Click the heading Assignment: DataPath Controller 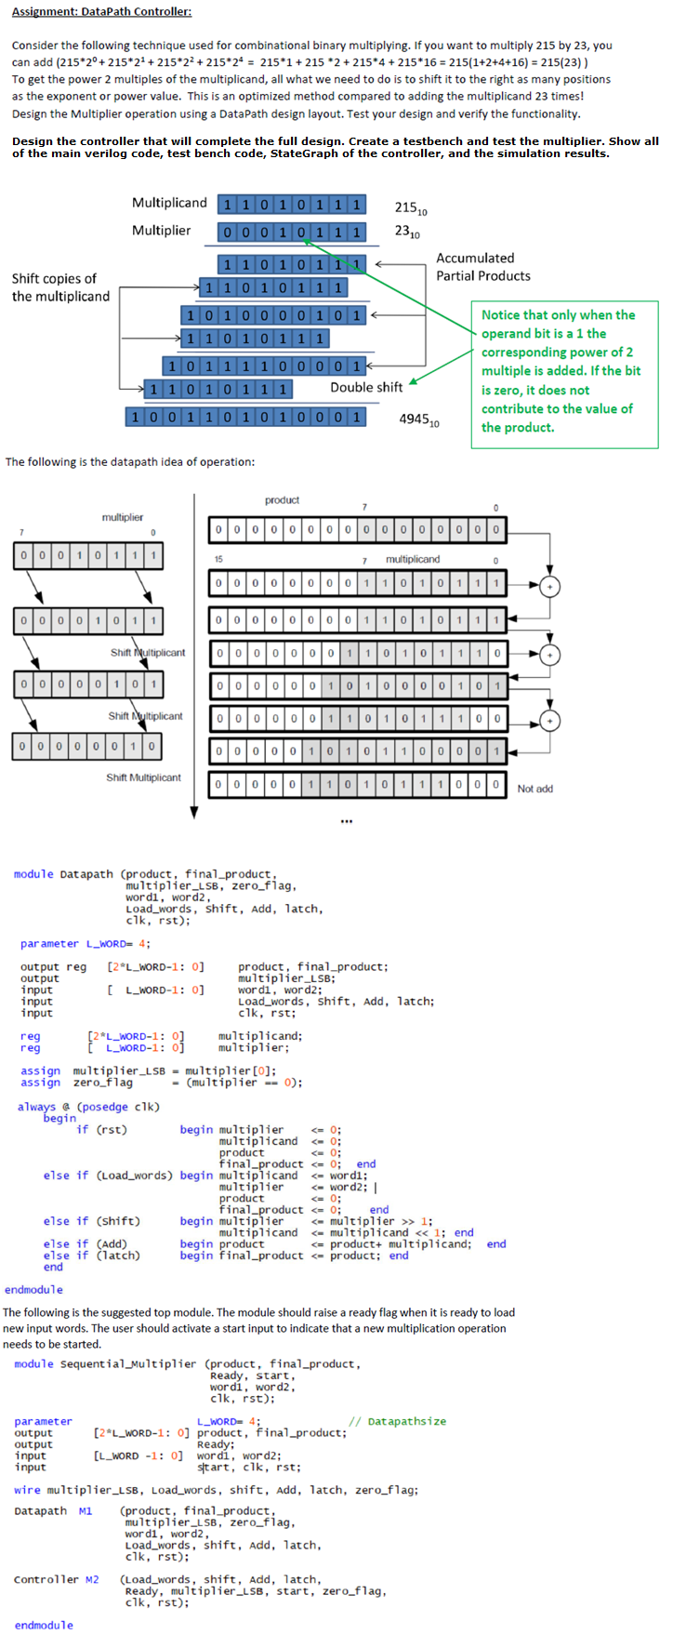click(101, 12)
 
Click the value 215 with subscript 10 click(410, 208)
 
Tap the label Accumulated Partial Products click(482, 267)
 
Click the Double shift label click(366, 388)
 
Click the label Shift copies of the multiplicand click(60, 287)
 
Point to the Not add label click(534, 789)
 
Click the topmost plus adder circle click(550, 586)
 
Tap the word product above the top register click(282, 500)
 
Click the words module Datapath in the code click(62, 874)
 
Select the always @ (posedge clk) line click(88, 1107)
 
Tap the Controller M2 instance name click(56, 1579)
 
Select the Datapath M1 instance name click(53, 1511)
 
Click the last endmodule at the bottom click(44, 1625)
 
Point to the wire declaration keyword click(27, 1490)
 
